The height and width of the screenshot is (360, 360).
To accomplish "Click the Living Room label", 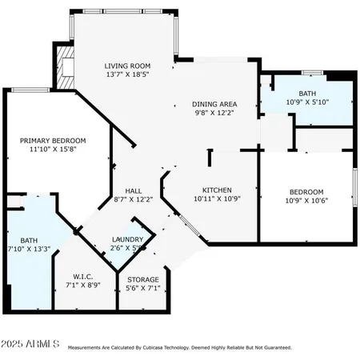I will (128, 66).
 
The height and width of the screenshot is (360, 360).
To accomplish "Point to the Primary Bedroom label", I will (53, 141).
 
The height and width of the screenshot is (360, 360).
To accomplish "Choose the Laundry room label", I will (128, 239).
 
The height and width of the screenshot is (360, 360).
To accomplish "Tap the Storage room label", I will (143, 279).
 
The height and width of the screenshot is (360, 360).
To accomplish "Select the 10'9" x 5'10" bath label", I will (306, 93).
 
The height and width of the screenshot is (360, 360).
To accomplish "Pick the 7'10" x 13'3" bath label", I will (29, 240).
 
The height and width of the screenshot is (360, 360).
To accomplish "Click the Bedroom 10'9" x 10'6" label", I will (306, 192).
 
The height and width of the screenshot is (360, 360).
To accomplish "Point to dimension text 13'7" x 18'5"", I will (128, 74).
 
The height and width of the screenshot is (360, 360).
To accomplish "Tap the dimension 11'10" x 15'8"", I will (53, 150).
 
